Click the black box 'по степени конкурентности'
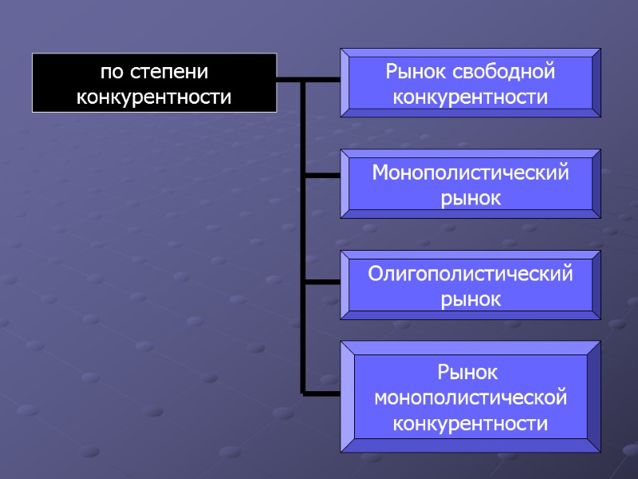click(154, 83)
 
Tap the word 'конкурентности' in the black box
click(154, 97)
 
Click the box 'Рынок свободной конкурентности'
click(471, 83)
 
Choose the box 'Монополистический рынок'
click(471, 184)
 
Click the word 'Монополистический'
click(471, 172)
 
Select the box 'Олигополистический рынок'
click(471, 286)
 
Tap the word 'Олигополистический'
click(471, 274)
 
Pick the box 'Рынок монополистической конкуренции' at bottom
click(471, 397)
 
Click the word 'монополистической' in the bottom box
click(471, 397)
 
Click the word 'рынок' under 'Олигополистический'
click(471, 299)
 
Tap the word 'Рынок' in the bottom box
click(471, 372)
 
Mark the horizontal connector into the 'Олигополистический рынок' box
click(322, 282)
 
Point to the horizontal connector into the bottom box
click(322, 393)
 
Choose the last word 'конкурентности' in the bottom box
click(471, 422)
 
